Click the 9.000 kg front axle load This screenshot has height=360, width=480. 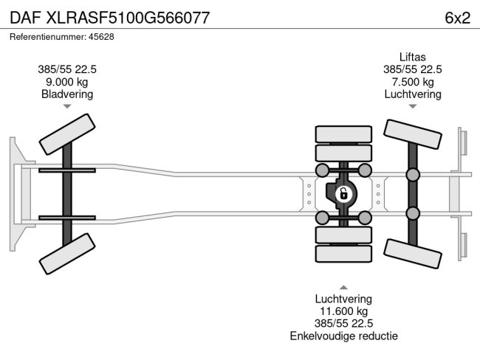(67, 82)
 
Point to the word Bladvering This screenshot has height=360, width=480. (67, 94)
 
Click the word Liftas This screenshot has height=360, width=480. (412, 56)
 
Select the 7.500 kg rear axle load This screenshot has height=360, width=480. (412, 82)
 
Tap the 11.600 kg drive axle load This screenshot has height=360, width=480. (343, 311)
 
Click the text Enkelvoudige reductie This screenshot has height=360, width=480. (343, 336)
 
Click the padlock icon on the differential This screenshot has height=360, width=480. (343, 195)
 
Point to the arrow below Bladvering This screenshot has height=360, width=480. (67, 107)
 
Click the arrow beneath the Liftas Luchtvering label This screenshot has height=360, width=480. (412, 107)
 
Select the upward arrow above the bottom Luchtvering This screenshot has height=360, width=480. (343, 286)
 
